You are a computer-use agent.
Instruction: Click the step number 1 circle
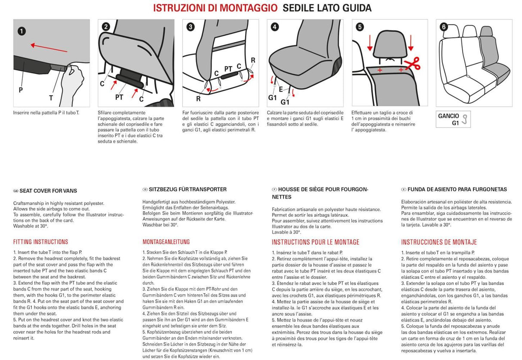[x=21, y=31]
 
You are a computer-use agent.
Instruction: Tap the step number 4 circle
[x=275, y=27]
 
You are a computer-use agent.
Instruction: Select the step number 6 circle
[x=444, y=27]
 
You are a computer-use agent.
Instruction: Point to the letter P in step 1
[x=21, y=90]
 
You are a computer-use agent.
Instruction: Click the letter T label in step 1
[x=51, y=98]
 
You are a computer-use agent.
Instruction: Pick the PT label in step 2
[x=119, y=97]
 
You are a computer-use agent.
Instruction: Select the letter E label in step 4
[x=280, y=89]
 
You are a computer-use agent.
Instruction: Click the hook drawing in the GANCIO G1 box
[x=464, y=119]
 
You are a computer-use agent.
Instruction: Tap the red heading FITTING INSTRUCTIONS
[x=40, y=242]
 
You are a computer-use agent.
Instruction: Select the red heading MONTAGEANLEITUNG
[x=166, y=242]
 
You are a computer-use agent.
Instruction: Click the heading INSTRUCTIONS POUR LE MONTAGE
[x=315, y=242]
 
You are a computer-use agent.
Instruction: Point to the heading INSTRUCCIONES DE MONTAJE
[x=439, y=242]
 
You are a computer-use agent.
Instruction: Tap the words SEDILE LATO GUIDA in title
[x=327, y=8]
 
